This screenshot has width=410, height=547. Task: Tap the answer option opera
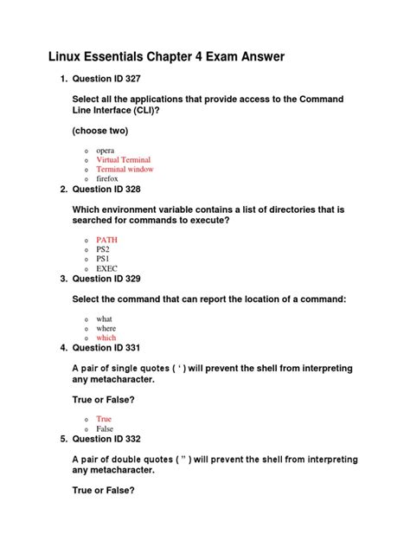106,151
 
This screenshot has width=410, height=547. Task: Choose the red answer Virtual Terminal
124,160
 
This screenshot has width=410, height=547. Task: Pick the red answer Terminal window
125,170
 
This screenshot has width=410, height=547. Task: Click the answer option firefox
106,178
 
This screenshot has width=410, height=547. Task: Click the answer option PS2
103,249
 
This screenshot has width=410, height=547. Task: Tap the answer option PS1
103,259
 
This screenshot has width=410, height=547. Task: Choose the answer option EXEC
106,268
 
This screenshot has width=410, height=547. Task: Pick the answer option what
104,319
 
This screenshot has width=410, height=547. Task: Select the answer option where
106,329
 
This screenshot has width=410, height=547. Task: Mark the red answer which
106,338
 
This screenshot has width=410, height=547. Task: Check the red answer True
104,419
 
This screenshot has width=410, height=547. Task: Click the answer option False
105,428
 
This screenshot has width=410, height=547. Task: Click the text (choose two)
99,131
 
